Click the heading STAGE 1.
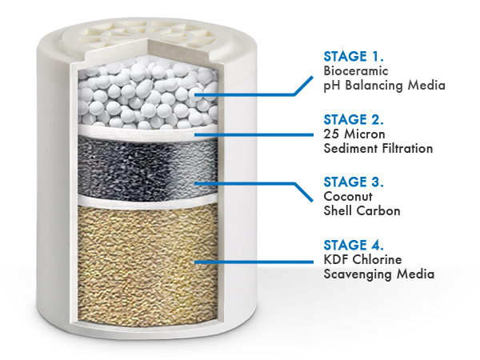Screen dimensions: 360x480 (x=352, y=57)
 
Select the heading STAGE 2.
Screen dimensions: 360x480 (x=352, y=120)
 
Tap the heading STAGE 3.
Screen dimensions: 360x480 (x=352, y=182)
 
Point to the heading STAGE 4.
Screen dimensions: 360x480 (x=352, y=245)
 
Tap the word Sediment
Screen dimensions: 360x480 (x=350, y=149)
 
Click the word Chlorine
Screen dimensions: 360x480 (x=376, y=259)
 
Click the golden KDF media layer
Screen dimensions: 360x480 (x=136, y=256)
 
